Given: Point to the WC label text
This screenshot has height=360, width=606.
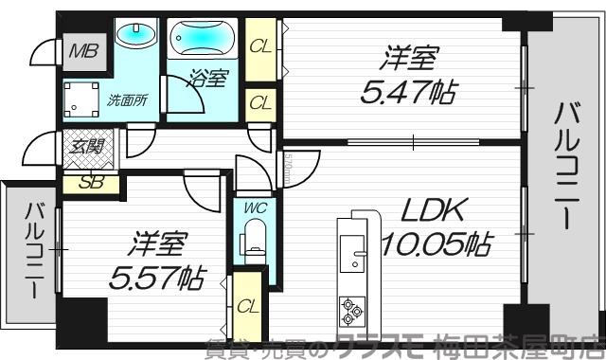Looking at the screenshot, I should tap(253, 205).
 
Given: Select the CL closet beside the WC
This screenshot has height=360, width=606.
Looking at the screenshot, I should tap(248, 306).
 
